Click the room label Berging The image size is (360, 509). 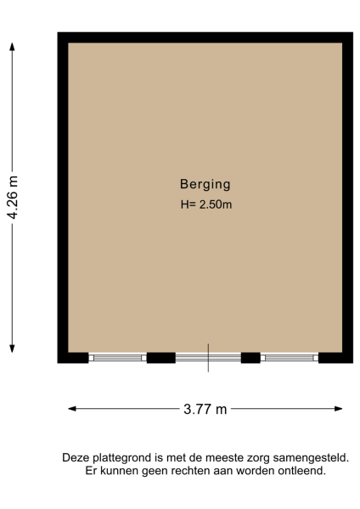tap(205, 183)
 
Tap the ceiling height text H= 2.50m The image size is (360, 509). tap(205, 204)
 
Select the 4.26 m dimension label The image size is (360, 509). tap(13, 197)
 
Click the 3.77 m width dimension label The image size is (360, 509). tap(205, 409)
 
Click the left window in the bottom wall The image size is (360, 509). tap(117, 357)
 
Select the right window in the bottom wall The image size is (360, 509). tap(289, 357)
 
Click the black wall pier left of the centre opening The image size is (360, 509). tap(160, 357)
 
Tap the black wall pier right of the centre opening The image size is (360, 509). tap(250, 357)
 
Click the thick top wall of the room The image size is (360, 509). tap(205, 37)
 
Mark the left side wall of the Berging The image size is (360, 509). tap(63, 195)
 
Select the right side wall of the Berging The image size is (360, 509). tap(347, 195)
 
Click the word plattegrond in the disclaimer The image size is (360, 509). tap(121, 457)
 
